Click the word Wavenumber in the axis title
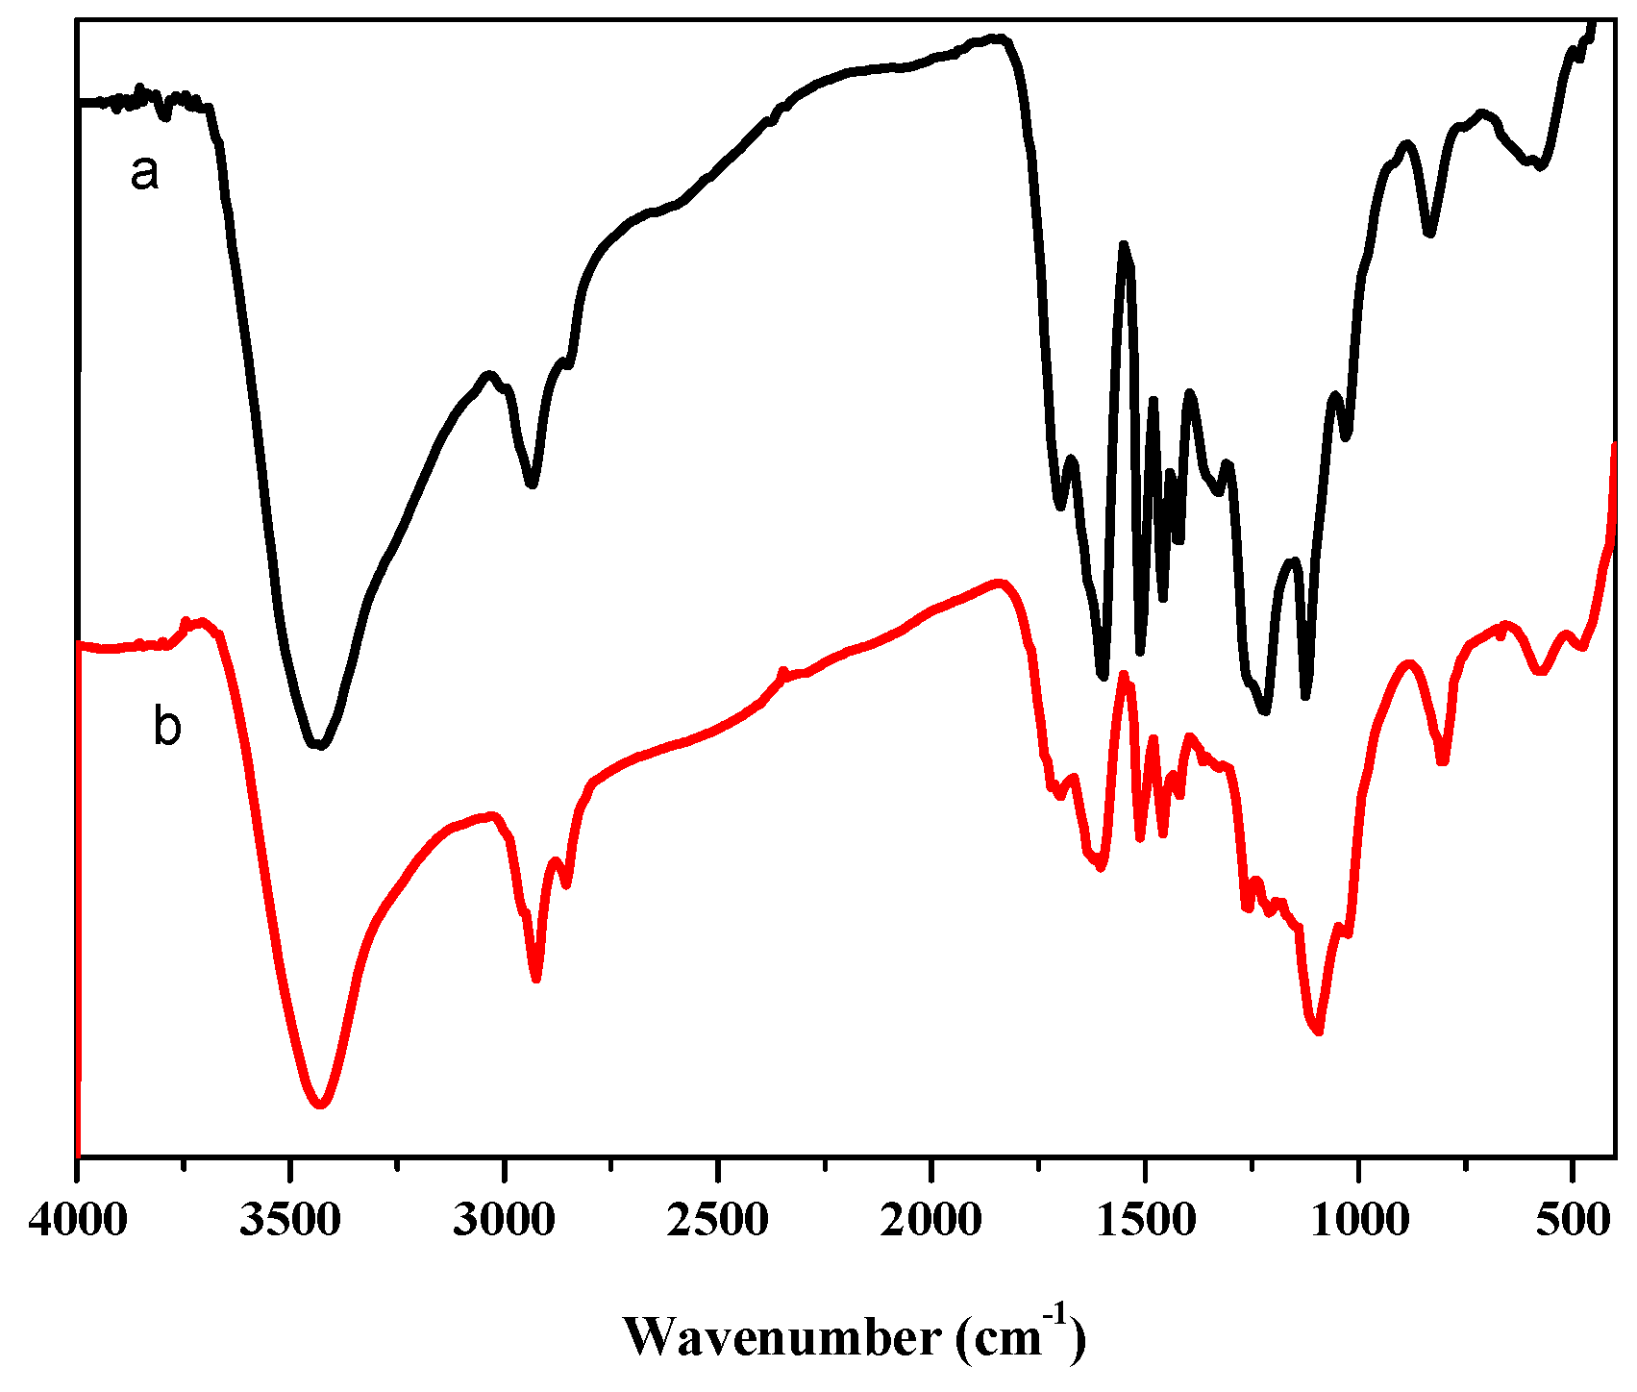783,1337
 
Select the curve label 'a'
144,173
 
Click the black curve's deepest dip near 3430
319,745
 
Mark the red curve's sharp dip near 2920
536,979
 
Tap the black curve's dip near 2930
532,484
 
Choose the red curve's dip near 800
1443,761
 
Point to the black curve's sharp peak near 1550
1123,245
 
